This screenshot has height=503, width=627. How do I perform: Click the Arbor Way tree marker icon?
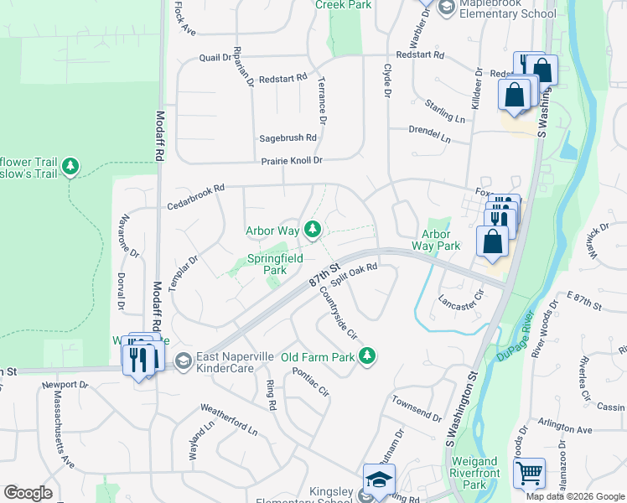tap(313, 229)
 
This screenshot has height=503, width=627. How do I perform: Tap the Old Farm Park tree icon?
tap(366, 357)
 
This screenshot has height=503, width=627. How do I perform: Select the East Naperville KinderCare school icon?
tap(183, 362)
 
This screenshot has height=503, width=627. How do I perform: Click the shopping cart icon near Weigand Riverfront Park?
tap(528, 474)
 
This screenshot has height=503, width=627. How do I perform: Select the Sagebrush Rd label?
tap(288, 137)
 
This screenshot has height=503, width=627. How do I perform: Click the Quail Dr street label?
tap(215, 57)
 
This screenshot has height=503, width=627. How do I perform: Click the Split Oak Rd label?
tap(355, 275)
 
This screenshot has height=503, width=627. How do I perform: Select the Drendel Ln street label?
tap(429, 133)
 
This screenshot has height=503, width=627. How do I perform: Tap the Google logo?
tap(28, 493)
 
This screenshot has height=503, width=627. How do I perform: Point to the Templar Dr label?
tap(182, 273)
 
